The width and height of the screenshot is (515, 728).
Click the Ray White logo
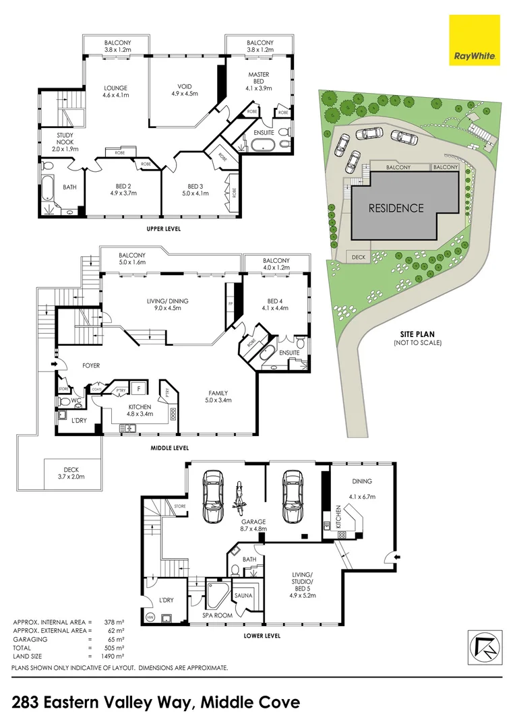tap(474, 40)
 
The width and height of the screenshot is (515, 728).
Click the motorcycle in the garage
tap(237, 498)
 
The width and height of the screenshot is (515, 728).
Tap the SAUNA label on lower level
tap(243, 596)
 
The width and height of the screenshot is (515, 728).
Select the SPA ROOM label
tap(218, 615)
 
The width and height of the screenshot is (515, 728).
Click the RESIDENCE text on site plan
tap(396, 208)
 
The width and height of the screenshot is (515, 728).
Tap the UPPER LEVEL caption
tap(164, 229)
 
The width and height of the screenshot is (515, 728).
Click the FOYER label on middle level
tap(91, 365)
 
